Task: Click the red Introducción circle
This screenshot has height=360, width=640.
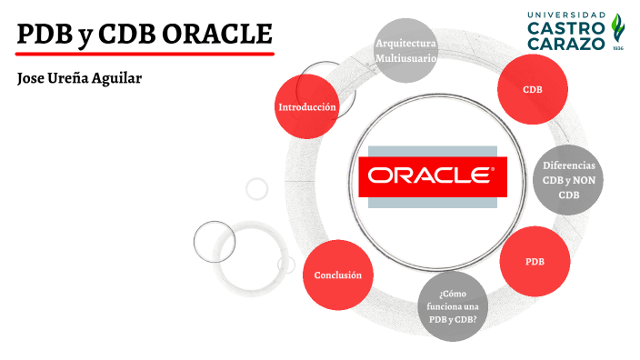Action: [x=307, y=107]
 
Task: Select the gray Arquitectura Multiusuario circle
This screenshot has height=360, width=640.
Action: [x=406, y=50]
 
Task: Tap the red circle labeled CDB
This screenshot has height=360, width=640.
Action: [x=532, y=89]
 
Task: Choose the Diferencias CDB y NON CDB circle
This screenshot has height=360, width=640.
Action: [x=568, y=180]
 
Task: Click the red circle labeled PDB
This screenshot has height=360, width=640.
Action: [x=535, y=262]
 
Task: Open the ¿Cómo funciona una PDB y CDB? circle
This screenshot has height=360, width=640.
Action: [x=452, y=306]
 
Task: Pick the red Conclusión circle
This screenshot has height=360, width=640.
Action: [x=338, y=275]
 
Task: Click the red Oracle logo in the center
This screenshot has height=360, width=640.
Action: [x=426, y=176]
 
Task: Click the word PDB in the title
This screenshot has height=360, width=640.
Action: [x=45, y=35]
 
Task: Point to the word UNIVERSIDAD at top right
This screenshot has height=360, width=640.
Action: [x=567, y=15]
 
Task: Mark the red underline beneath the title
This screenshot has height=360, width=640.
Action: [x=145, y=55]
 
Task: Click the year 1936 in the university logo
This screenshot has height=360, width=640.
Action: [x=617, y=47]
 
